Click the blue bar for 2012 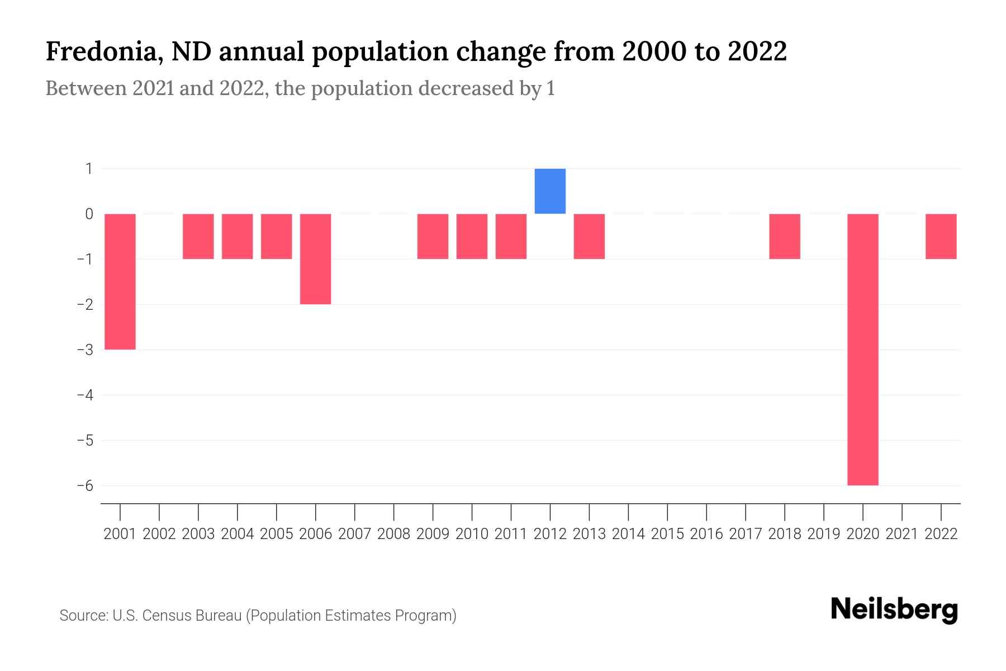click(x=550, y=191)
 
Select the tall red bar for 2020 click(x=862, y=349)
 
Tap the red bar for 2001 click(x=120, y=281)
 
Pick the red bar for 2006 click(x=315, y=259)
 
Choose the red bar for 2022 click(x=941, y=237)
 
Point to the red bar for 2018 click(x=784, y=237)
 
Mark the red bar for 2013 click(x=589, y=237)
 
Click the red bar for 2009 click(x=433, y=237)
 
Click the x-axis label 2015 click(x=667, y=534)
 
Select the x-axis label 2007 click(x=354, y=534)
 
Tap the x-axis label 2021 click(x=901, y=534)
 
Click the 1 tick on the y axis click(x=89, y=168)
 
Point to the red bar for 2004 click(x=237, y=237)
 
